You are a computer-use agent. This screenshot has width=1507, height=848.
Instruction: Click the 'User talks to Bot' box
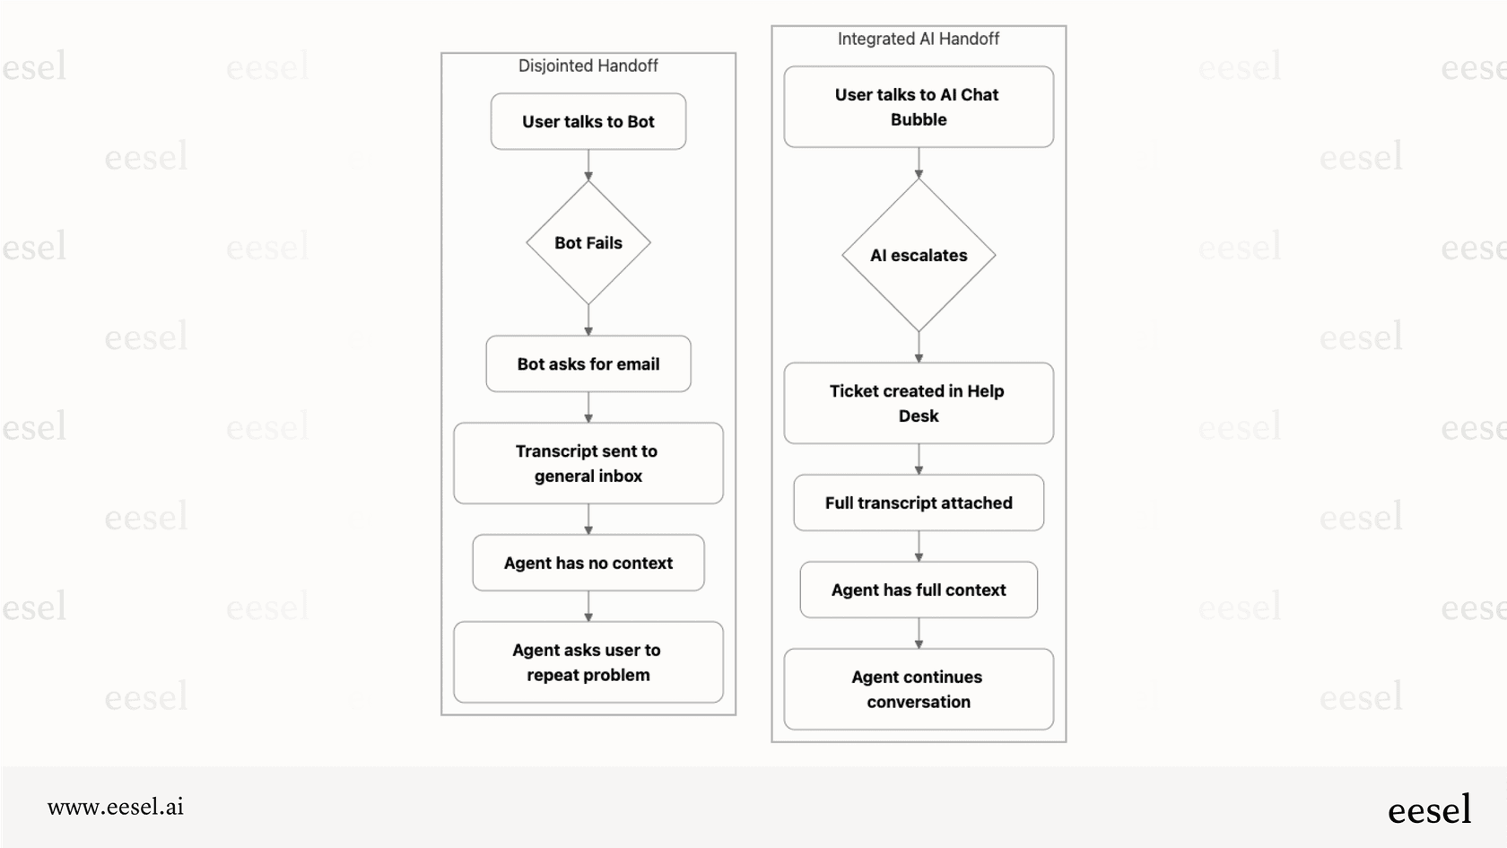tap(588, 121)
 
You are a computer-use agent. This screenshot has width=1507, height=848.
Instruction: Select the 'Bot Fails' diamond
tap(588, 243)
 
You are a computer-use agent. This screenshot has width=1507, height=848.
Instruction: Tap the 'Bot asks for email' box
tap(588, 363)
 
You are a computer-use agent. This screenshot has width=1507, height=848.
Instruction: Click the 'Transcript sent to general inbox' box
tap(588, 463)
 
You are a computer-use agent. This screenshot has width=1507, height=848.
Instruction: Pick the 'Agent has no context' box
tap(588, 563)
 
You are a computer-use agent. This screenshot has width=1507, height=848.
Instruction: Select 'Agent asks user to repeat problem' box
tap(588, 662)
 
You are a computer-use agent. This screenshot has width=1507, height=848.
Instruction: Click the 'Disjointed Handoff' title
tap(588, 66)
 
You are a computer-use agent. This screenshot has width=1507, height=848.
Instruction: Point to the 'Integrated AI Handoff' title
tap(918, 39)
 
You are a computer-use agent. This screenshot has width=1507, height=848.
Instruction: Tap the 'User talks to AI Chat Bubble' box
tap(918, 106)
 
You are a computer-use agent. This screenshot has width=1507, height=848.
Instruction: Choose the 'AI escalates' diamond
tap(919, 256)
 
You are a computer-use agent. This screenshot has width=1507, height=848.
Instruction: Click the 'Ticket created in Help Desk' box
tap(918, 403)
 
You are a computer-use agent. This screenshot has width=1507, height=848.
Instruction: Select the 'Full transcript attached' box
tap(919, 503)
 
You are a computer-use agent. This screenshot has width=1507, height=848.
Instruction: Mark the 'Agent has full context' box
tap(919, 590)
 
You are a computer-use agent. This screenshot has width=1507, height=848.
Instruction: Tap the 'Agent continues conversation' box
tap(918, 689)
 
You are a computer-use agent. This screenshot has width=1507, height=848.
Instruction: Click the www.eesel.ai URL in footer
tap(116, 807)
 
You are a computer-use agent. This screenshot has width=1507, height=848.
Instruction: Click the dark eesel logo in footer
tap(1429, 809)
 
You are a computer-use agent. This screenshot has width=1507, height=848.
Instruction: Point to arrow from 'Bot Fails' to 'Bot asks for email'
tap(588, 319)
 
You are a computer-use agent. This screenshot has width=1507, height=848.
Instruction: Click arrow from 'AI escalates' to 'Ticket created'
tap(919, 346)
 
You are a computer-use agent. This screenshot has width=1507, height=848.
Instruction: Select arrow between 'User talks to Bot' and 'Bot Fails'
tap(588, 165)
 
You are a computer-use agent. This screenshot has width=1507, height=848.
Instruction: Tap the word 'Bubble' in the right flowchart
tap(919, 119)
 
